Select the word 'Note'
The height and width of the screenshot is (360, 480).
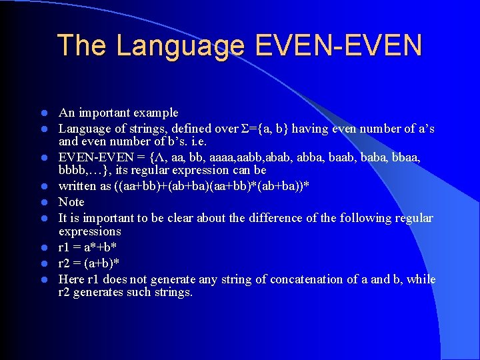point(71,202)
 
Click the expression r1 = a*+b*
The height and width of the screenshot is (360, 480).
point(87,247)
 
